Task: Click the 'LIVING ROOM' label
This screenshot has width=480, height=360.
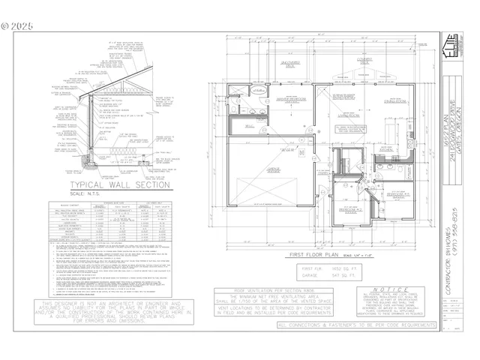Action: point(347,116)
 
